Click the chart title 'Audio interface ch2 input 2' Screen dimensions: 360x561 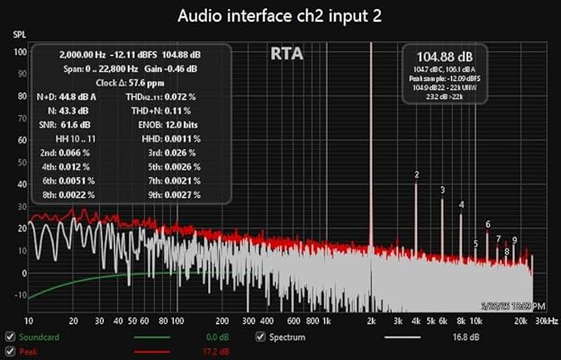pos(294,16)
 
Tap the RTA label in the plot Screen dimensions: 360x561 pos(286,54)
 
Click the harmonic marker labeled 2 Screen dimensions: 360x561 pos(416,175)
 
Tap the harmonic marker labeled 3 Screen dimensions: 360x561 pos(442,190)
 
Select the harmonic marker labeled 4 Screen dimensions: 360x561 pos(461,205)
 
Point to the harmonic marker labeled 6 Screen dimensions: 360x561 pos(487,224)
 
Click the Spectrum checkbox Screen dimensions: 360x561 pos(261,337)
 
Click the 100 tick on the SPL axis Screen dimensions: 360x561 pos(19,51)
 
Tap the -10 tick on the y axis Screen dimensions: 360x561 pos(19,296)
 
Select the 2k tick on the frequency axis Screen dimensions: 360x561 pos(371,320)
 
